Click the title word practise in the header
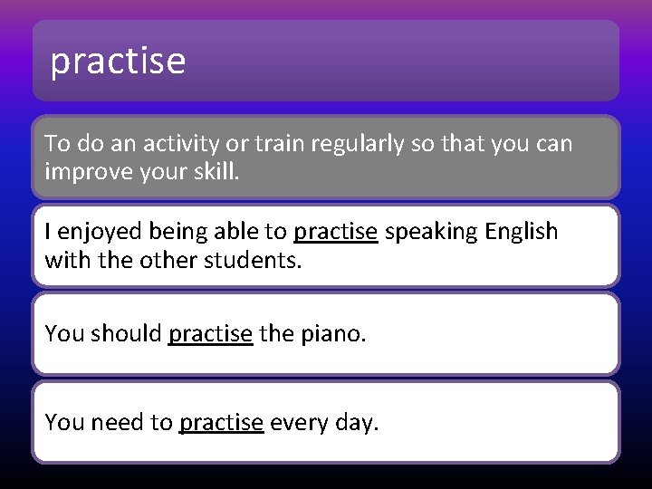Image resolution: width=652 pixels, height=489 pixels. [x=118, y=62]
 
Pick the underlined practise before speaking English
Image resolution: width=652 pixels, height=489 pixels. [x=335, y=232]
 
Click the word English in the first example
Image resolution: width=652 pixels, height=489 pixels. [x=522, y=232]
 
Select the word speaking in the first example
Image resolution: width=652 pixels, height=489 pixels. [x=431, y=232]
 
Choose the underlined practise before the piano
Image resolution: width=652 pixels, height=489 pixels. [x=210, y=333]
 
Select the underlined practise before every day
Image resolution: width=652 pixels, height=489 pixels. [x=221, y=422]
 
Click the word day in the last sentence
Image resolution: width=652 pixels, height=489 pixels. [x=354, y=422]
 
